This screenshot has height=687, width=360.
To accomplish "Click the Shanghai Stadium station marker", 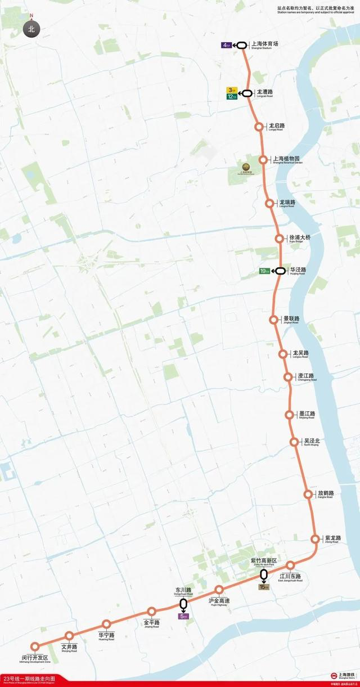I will (241, 46).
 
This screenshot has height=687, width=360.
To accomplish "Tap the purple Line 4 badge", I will (226, 46).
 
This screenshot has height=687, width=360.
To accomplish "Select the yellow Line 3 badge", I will (231, 90).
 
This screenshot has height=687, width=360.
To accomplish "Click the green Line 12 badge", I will (231, 97).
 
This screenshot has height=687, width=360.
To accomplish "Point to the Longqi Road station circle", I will (259, 127).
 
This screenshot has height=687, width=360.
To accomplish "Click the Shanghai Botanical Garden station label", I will (287, 160).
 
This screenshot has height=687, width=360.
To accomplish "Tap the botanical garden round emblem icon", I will (246, 166).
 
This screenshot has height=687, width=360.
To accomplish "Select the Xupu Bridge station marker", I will (279, 239).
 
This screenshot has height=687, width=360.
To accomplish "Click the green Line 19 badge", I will (264, 271).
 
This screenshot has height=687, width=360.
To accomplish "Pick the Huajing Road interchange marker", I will (280, 271).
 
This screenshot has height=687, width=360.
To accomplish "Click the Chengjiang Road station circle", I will (288, 377).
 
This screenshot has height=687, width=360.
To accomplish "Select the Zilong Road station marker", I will (315, 539).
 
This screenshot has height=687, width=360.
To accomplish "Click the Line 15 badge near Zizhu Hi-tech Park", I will (263, 587).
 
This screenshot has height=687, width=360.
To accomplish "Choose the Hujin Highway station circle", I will (219, 590).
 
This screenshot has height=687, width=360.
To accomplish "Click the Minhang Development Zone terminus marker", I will (35, 646).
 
